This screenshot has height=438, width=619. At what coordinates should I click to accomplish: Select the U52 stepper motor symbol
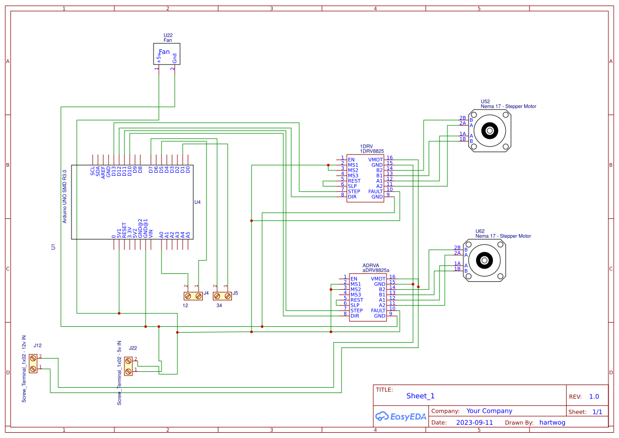[x=490, y=130]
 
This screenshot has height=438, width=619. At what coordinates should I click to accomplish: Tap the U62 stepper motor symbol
[x=485, y=261]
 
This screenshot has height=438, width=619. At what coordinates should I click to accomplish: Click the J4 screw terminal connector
[x=193, y=296]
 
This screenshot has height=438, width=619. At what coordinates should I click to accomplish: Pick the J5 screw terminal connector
[x=222, y=296]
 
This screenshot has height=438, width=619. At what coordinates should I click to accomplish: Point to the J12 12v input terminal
[x=33, y=363]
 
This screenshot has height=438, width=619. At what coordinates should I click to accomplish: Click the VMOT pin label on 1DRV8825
[x=375, y=159]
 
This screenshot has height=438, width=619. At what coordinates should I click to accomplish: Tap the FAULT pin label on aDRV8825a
[x=378, y=310]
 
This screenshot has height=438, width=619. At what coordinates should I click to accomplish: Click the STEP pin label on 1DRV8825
[x=354, y=191]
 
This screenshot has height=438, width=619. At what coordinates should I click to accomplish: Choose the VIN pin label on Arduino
[x=151, y=233]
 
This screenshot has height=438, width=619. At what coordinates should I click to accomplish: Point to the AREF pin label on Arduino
[x=103, y=171]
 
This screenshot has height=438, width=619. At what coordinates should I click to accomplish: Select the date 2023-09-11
[x=474, y=423]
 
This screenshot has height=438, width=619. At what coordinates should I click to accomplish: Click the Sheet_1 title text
[x=420, y=396]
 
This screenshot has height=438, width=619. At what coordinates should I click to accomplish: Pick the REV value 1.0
[x=594, y=397]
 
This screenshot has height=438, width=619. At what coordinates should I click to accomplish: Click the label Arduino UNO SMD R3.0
[x=65, y=196]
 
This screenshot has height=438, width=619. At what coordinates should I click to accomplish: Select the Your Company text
[x=489, y=411]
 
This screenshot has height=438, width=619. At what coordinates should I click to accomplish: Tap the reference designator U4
[x=198, y=202]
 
